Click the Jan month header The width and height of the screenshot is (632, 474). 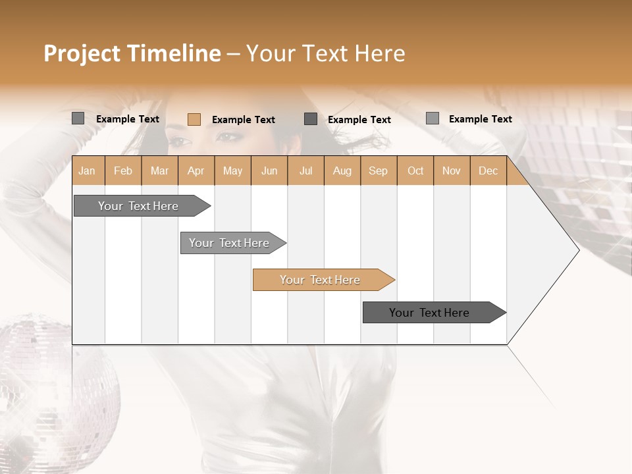click(x=87, y=171)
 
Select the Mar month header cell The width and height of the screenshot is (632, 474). click(x=159, y=171)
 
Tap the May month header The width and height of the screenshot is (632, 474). click(x=232, y=171)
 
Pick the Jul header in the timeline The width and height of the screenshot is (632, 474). click(x=305, y=171)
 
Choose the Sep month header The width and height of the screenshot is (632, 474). click(x=378, y=171)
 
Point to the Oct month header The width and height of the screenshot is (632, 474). click(x=415, y=171)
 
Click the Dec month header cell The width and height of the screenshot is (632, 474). click(x=488, y=171)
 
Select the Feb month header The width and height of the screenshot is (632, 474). click(x=123, y=171)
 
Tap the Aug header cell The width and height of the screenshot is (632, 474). click(x=342, y=171)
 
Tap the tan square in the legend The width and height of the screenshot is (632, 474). click(x=194, y=119)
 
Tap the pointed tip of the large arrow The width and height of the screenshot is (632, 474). click(x=578, y=250)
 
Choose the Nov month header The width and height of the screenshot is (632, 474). click(x=452, y=171)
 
